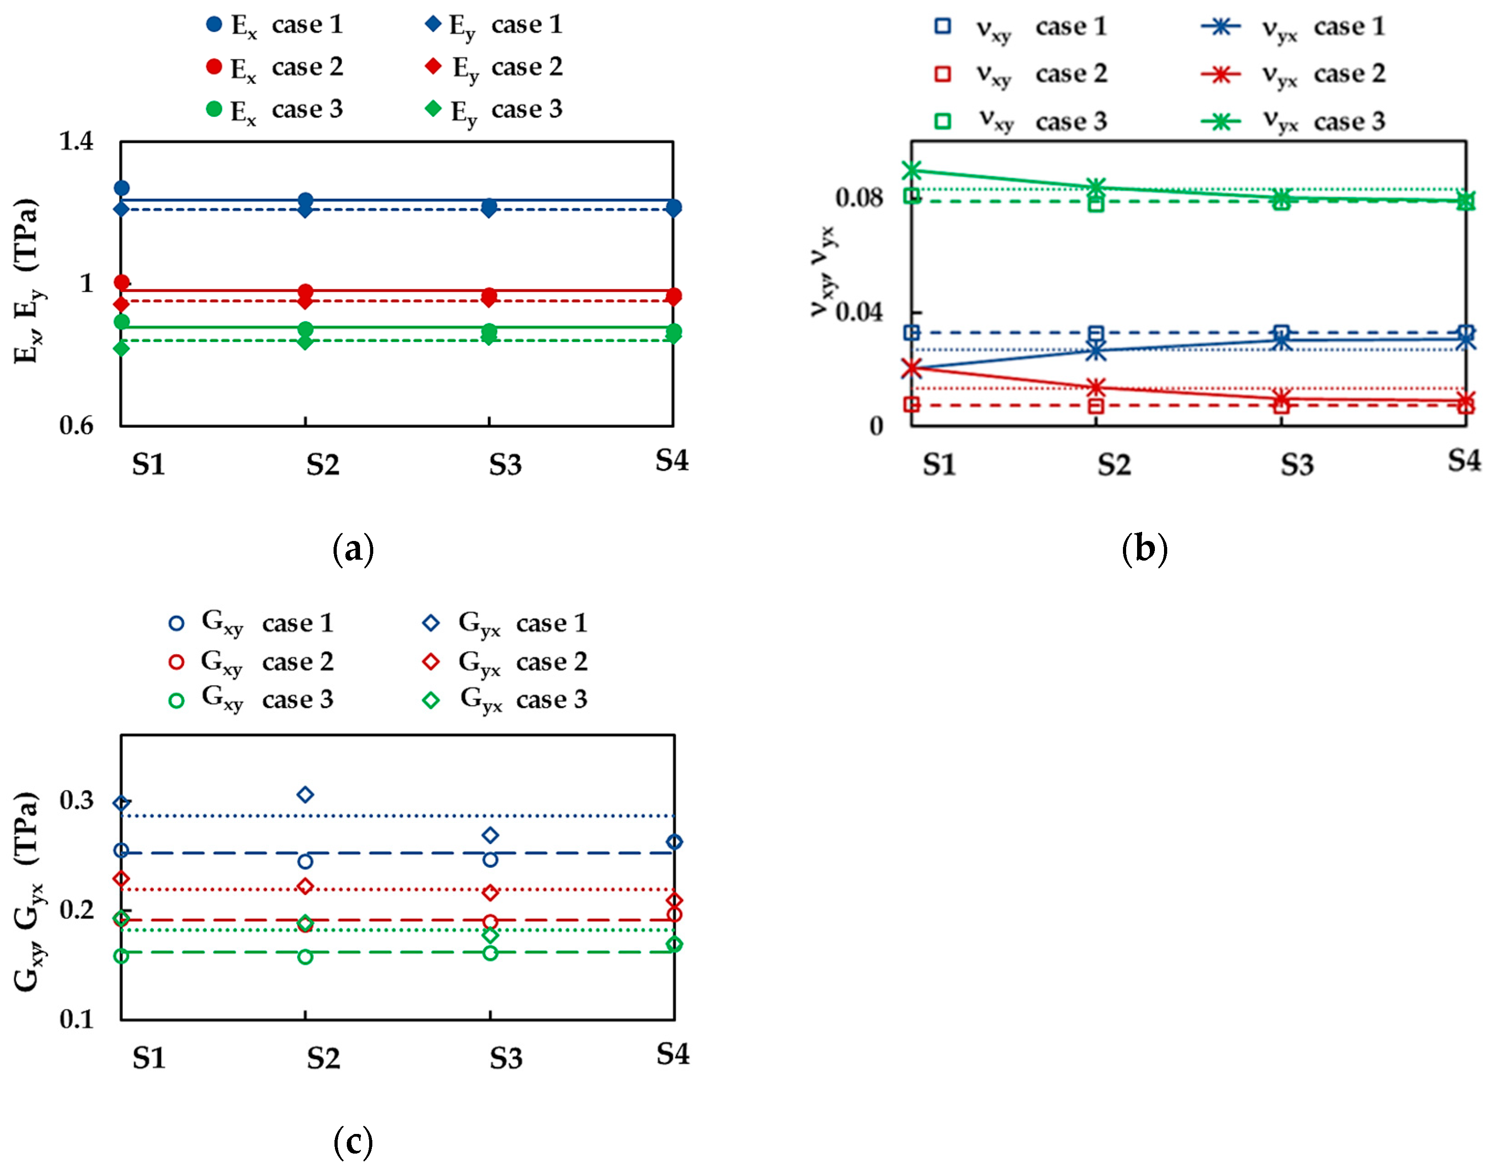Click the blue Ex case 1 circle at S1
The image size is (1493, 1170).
coord(122,187)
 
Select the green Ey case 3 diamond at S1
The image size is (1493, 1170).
coord(122,348)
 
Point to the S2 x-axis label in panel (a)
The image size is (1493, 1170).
coord(323,465)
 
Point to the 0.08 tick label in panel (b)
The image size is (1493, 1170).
coord(859,198)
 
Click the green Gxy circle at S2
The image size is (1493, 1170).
coord(306,957)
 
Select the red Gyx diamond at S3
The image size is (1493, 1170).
coord(491,893)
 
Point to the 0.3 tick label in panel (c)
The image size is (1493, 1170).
coord(77,800)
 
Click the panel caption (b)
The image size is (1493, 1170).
coord(1144,549)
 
